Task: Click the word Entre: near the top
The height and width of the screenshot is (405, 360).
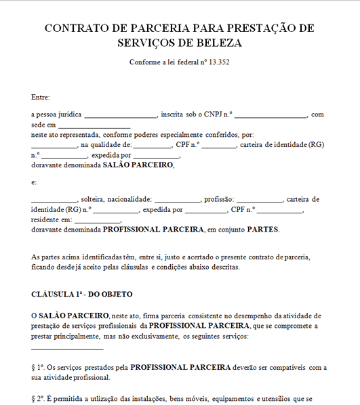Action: pyautogui.click(x=41, y=98)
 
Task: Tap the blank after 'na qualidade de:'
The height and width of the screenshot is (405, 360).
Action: pyautogui.click(x=153, y=146)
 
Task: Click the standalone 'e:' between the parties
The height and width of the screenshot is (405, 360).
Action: pyautogui.click(x=35, y=182)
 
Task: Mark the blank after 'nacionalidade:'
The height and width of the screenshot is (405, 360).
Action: pyautogui.click(x=178, y=201)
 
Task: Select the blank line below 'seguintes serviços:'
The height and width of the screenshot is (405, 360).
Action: pyautogui.click(x=67, y=349)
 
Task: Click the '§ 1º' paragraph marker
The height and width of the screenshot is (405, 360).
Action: pyautogui.click(x=37, y=367)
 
